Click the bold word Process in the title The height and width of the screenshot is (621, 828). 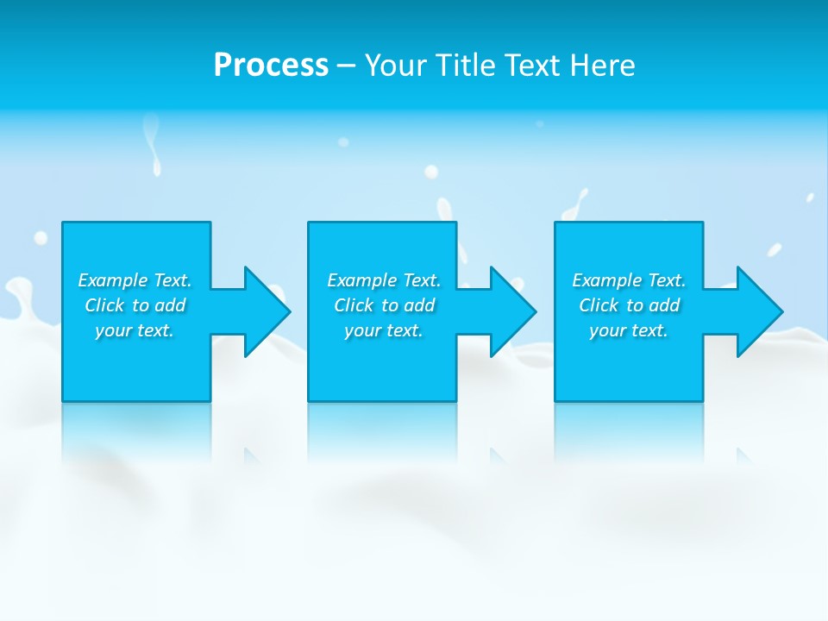point(271,66)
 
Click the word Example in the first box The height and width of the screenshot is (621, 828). point(113,280)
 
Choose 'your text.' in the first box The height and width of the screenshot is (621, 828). point(135,330)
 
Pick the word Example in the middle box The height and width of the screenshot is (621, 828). point(362,280)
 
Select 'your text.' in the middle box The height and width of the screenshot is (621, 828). point(384,330)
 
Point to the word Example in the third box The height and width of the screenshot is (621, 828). point(607,280)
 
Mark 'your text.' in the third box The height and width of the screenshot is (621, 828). point(629,330)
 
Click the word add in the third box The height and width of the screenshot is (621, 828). point(665,305)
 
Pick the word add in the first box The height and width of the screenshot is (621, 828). point(171,305)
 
